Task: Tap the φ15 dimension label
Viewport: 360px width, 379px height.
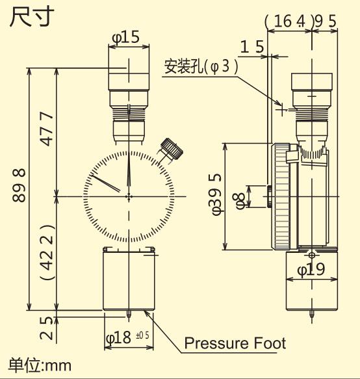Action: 126,38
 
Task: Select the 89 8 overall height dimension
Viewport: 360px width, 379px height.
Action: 19,185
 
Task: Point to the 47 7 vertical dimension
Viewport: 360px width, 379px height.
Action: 47,129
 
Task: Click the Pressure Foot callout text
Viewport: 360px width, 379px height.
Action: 235,343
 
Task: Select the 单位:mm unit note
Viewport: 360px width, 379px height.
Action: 40,365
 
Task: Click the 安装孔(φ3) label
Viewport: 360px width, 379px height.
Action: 201,66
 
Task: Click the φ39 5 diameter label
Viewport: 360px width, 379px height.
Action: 217,196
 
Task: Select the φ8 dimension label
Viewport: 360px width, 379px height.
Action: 241,201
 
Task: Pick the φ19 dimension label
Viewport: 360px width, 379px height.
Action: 311,268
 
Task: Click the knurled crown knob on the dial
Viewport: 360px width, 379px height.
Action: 172,148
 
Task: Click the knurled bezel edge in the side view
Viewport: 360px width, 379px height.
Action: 281,196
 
